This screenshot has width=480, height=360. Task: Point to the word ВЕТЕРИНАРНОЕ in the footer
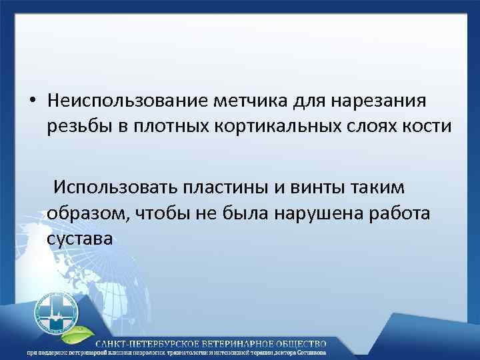pos(223,343)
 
